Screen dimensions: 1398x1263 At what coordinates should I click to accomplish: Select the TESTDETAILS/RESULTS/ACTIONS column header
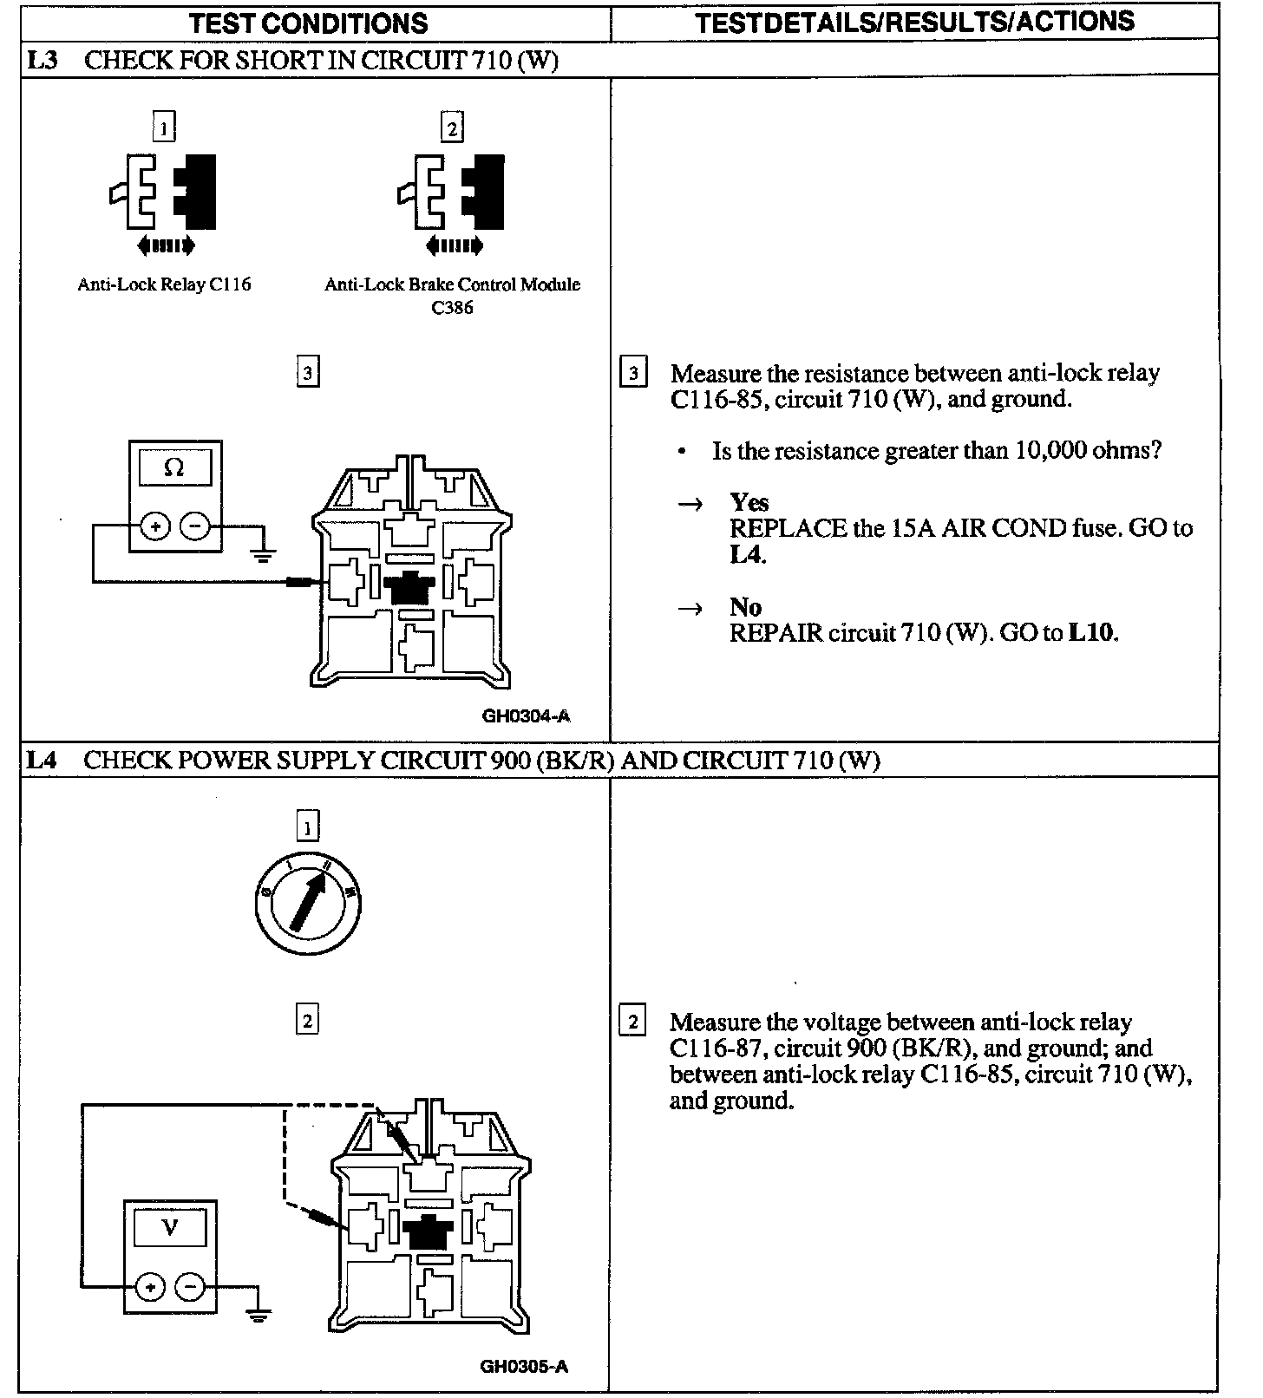point(914,22)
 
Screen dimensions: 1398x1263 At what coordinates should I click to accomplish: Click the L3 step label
point(42,60)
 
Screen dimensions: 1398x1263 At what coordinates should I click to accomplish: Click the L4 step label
point(42,760)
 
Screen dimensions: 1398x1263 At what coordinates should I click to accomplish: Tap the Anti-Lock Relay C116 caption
point(164,284)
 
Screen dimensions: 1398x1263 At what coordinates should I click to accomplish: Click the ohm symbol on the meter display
point(173,468)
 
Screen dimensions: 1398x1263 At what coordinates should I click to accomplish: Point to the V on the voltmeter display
point(170,1227)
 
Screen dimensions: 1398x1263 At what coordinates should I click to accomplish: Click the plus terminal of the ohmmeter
point(155,526)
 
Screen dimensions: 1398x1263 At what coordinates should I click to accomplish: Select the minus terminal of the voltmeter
point(191,1287)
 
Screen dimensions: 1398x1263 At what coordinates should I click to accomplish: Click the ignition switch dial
point(308,905)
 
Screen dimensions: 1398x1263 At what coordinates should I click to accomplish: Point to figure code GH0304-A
point(527,716)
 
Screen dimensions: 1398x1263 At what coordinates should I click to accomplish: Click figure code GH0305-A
point(524,1368)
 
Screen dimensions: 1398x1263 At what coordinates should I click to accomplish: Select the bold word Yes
point(749,502)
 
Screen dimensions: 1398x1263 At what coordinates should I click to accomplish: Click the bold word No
point(745,606)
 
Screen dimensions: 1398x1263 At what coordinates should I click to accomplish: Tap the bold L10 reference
point(1091,632)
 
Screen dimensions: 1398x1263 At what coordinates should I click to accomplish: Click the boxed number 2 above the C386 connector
point(451,128)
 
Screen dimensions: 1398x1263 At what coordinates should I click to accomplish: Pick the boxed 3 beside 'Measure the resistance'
point(633,374)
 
